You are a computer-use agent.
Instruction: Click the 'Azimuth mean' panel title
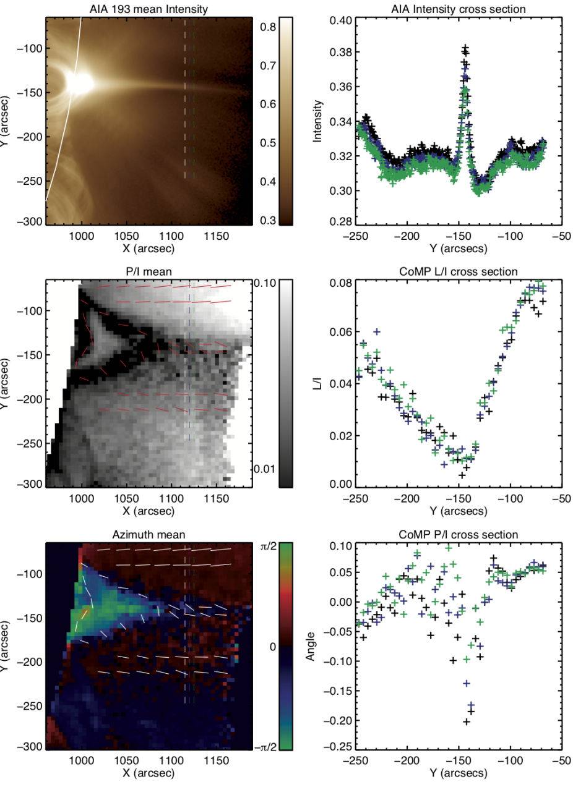149,534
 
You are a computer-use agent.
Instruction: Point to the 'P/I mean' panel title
149,272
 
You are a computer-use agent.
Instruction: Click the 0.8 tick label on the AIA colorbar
268,27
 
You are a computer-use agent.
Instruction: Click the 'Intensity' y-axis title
317,121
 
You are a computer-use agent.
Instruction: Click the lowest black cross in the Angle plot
467,721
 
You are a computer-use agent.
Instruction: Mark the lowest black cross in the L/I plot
462,475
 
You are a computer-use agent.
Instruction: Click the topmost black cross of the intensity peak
466,47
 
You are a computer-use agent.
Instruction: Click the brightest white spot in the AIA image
80,82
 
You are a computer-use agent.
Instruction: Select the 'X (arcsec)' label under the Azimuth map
149,773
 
